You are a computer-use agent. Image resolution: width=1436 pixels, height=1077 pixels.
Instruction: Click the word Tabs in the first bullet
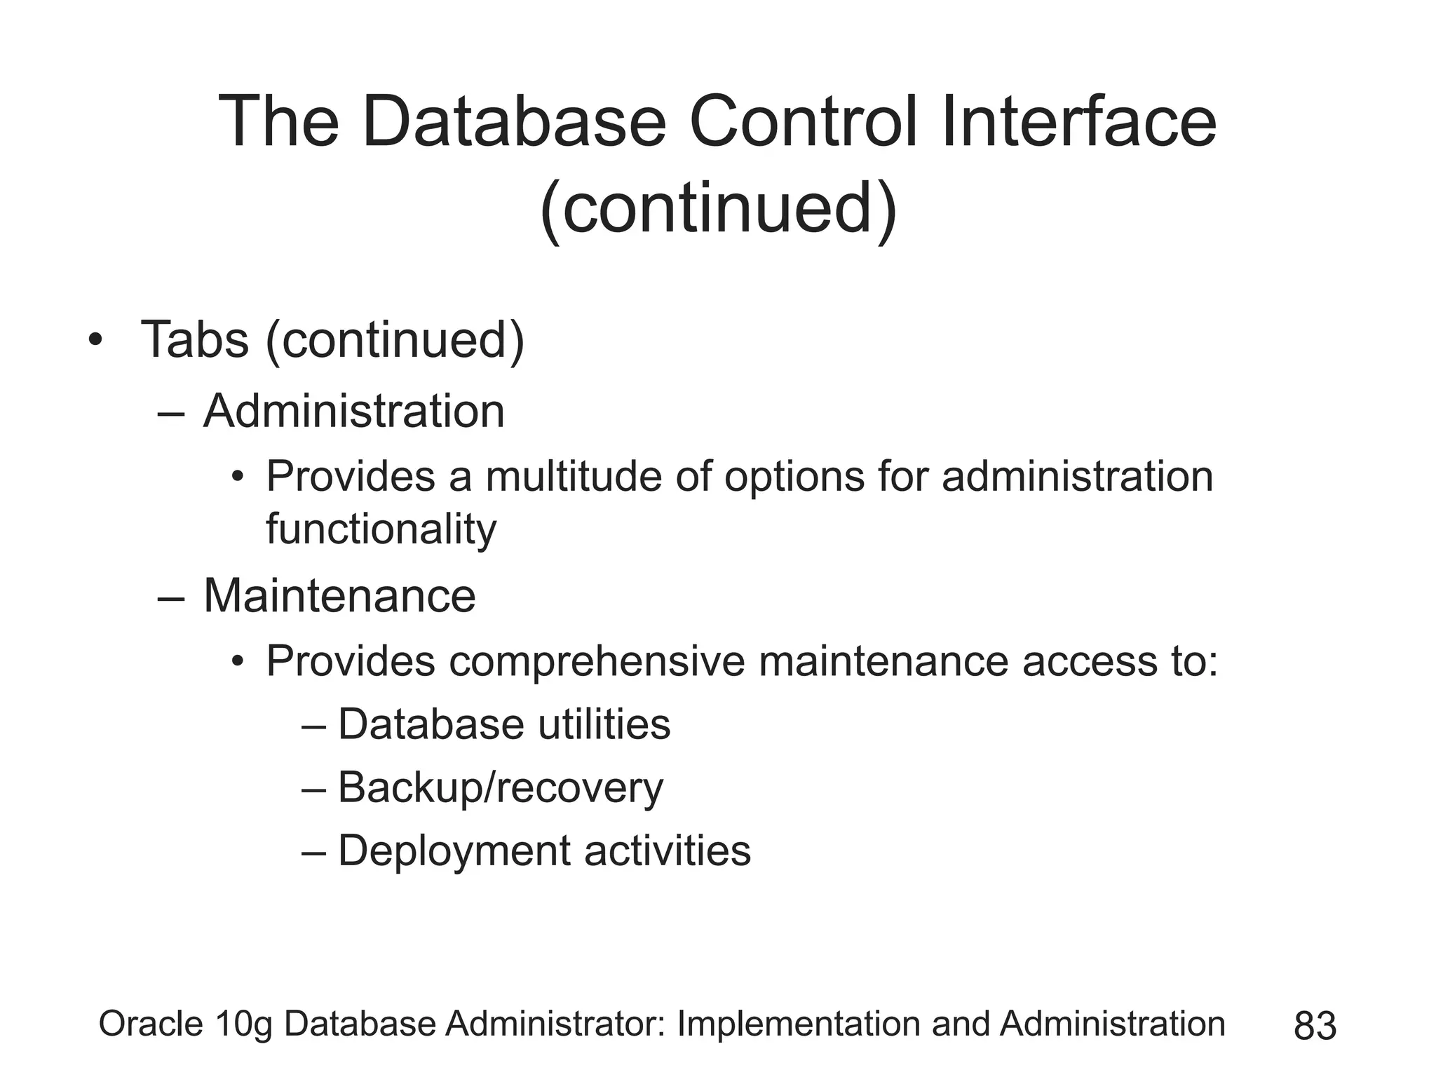pos(195,340)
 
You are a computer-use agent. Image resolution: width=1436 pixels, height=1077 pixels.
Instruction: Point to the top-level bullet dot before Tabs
pos(95,341)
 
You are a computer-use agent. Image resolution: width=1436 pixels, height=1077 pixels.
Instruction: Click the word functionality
pos(381,529)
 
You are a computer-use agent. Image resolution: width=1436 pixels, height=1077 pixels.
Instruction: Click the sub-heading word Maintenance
pos(339,597)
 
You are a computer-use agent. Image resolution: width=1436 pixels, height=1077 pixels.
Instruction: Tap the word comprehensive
pos(597,661)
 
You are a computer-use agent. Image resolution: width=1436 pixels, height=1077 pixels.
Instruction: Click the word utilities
pos(604,724)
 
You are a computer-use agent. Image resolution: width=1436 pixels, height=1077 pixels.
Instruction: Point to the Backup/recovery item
pos(500,787)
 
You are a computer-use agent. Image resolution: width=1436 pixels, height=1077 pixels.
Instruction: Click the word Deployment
pos(454,851)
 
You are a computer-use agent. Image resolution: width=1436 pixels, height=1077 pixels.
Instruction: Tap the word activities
pos(668,851)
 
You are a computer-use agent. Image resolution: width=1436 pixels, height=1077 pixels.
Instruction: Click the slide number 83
pos(1315,1027)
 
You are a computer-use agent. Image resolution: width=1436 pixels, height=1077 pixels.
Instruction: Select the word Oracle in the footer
pos(151,1024)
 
